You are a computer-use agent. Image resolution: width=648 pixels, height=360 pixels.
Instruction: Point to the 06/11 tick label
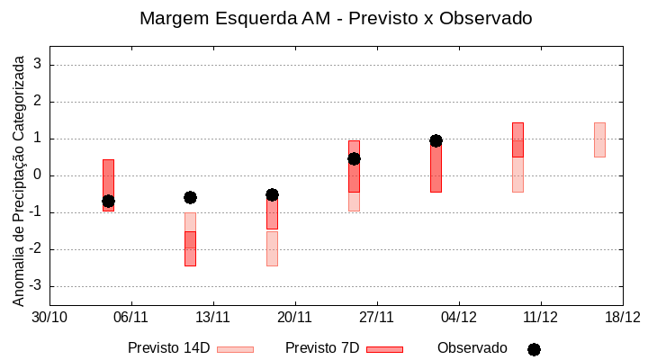131,317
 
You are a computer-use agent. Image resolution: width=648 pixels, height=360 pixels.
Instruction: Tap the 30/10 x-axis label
49,317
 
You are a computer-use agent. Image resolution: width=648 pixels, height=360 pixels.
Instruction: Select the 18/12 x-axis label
622,317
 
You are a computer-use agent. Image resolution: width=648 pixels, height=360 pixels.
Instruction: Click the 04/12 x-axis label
459,317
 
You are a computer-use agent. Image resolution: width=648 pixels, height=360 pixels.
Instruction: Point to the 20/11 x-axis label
295,317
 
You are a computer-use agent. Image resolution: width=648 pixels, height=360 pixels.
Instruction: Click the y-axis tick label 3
38,65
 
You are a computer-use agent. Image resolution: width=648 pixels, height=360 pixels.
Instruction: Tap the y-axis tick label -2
35,249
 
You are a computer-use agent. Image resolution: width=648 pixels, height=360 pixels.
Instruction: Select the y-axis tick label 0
38,175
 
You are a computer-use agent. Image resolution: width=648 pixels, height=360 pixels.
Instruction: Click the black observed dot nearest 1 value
436,140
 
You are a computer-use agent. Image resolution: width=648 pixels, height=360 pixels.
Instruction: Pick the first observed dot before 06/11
108,201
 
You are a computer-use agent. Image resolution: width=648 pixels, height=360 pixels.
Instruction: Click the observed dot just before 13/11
190,197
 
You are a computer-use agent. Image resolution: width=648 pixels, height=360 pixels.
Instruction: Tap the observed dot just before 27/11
354,158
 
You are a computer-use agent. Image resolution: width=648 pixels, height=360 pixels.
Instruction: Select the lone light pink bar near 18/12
599,139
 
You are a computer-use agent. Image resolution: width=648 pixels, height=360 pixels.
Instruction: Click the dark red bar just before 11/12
517,139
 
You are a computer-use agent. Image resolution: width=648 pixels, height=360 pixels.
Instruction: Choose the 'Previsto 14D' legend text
168,348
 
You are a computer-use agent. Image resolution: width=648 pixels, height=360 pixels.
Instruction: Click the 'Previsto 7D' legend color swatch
384,349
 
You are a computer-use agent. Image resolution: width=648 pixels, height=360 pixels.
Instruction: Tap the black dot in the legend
534,349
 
